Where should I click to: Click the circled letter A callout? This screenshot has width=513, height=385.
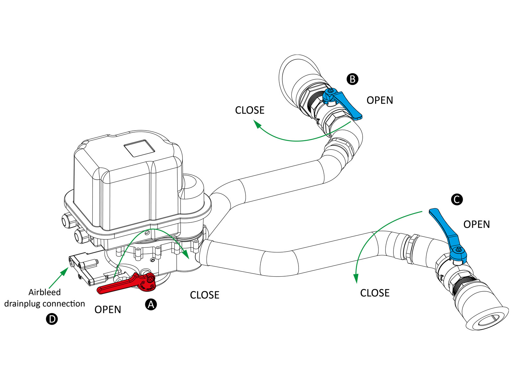[x=151, y=304]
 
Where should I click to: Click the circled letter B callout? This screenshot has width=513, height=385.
[x=352, y=79]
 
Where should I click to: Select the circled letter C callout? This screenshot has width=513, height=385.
[x=457, y=199]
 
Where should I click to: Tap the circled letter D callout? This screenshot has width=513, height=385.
[x=52, y=319]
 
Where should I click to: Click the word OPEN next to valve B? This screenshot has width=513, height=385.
[x=380, y=100]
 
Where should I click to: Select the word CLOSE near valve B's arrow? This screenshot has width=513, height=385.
[x=249, y=110]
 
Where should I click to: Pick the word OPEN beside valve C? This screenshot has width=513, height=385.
[x=476, y=225]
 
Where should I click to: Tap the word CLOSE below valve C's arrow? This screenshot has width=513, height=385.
[x=374, y=293]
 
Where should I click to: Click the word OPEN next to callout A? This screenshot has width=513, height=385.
[x=108, y=310]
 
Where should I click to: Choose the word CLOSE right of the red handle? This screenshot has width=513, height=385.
[x=205, y=295]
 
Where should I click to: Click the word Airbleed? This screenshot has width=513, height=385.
[x=45, y=292]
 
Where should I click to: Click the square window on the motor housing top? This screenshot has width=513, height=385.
[x=139, y=148]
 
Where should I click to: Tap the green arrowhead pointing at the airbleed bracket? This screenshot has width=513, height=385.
[x=65, y=271]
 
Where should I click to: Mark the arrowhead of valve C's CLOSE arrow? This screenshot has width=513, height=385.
[x=356, y=278]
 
